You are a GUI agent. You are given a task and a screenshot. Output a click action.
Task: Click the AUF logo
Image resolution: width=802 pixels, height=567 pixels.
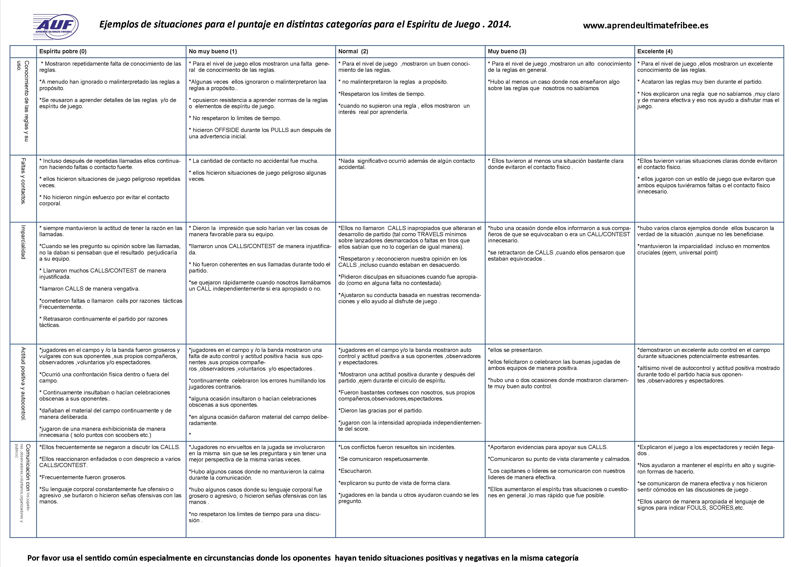point(56,26)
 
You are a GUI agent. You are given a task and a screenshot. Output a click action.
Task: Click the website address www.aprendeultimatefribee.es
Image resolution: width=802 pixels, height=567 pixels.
point(646,26)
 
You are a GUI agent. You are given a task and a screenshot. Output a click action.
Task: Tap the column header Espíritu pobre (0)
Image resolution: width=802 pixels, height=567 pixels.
point(63,51)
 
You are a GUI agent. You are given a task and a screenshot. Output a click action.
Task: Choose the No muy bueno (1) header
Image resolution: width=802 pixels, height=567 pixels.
point(213,51)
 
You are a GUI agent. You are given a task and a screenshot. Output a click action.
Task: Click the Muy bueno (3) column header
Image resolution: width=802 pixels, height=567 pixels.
point(507,51)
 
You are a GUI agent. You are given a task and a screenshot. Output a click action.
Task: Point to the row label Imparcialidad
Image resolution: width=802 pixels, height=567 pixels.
point(23,242)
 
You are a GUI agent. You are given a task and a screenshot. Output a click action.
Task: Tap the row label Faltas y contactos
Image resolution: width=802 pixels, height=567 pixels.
point(23,181)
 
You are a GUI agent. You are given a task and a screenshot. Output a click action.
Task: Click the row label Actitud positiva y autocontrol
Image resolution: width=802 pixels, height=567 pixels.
point(23,384)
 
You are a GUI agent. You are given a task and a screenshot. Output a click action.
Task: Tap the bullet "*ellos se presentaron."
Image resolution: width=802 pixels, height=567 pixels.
point(516,350)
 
